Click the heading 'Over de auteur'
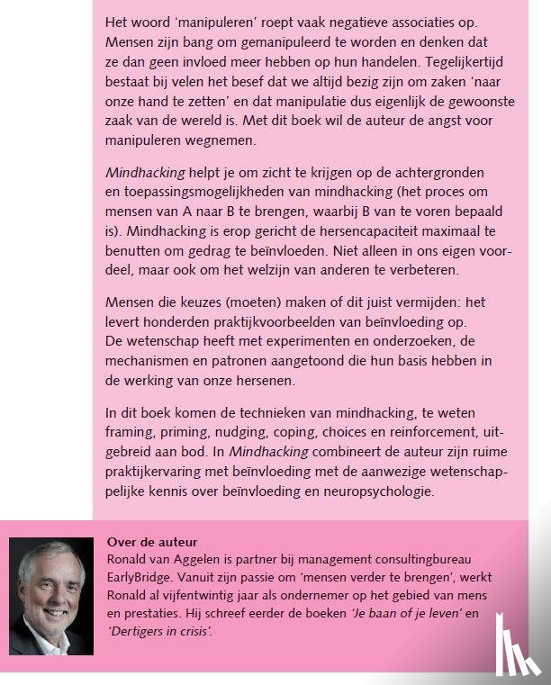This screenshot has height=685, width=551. [151, 542]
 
